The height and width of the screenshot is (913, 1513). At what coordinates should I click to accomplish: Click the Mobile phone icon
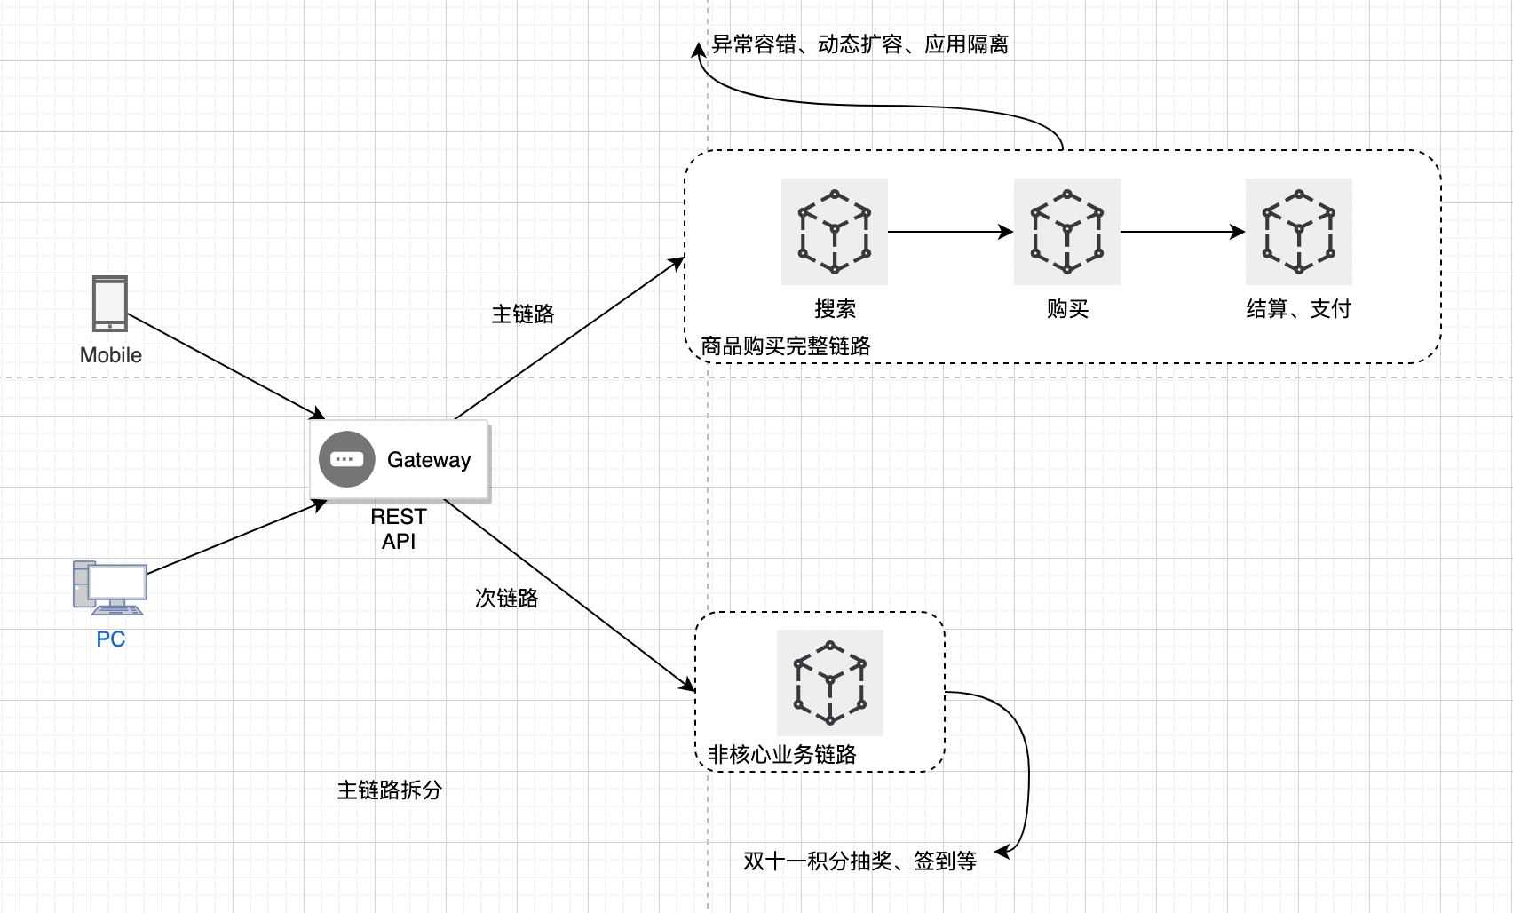tap(110, 303)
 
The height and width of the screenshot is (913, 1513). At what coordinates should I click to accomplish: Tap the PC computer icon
tap(110, 587)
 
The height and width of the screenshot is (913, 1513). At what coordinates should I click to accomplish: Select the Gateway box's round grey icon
tap(346, 459)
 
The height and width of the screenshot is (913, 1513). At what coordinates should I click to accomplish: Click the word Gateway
tap(429, 460)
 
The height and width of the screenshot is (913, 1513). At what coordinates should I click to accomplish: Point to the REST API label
tap(398, 528)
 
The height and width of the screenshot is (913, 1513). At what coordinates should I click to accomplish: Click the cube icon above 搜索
tap(835, 232)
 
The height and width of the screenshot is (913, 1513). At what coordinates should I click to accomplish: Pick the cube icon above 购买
tap(1067, 232)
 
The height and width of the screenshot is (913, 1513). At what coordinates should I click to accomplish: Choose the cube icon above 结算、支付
tap(1299, 232)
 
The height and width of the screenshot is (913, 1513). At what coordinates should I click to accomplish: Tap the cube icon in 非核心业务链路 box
tap(830, 683)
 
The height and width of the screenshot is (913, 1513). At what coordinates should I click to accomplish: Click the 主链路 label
tap(523, 314)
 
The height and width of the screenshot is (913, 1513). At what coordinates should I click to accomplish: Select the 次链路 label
tap(507, 598)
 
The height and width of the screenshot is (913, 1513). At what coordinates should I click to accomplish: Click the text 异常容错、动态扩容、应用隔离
tap(859, 44)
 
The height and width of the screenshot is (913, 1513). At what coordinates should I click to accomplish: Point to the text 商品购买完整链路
tap(786, 345)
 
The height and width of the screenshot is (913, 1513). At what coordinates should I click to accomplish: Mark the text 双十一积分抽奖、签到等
tap(859, 861)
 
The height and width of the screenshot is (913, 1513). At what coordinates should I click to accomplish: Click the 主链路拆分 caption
tap(390, 790)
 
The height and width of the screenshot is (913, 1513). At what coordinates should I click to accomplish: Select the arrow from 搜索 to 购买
tap(950, 232)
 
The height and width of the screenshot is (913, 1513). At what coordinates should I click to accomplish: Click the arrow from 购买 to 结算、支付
tap(1183, 232)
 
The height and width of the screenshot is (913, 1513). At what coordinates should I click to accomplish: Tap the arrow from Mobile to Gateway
tap(226, 366)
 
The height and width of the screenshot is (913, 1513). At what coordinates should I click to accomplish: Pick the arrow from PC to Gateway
tap(236, 537)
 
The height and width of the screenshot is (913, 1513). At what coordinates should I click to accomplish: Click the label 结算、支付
tap(1299, 308)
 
